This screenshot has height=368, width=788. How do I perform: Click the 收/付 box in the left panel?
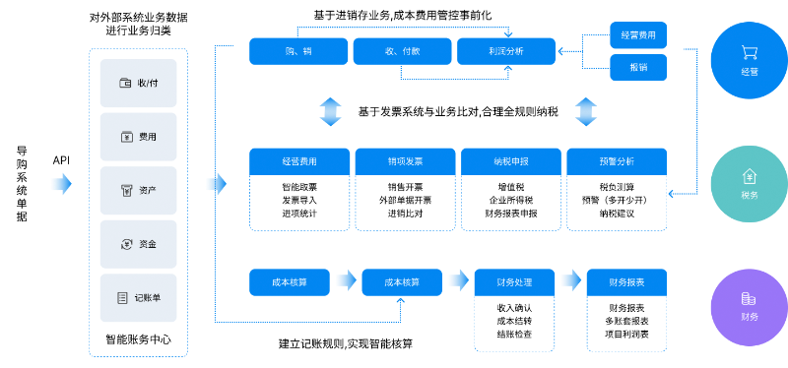click(x=138, y=83)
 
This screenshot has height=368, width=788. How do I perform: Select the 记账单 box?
click(x=138, y=297)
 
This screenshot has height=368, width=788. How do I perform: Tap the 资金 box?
click(x=138, y=243)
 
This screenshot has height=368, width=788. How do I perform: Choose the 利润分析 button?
click(x=505, y=50)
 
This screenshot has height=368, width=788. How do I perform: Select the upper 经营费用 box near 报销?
click(x=638, y=34)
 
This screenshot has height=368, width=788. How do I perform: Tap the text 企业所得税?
click(x=509, y=200)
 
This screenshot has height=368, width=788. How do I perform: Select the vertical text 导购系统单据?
click(x=22, y=184)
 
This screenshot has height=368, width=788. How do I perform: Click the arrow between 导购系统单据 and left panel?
click(x=61, y=183)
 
